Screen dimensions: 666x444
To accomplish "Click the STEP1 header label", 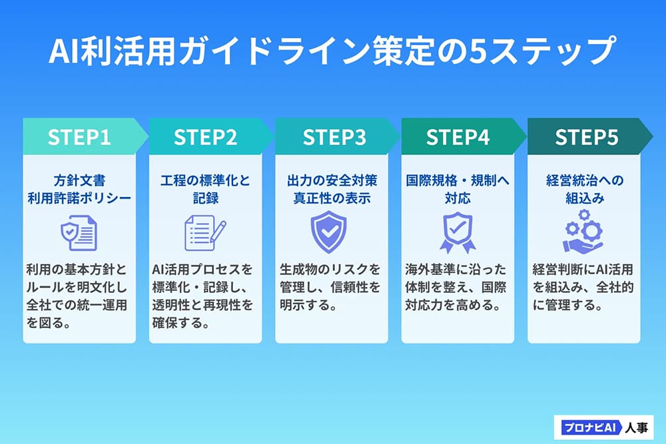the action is pyautogui.click(x=79, y=137).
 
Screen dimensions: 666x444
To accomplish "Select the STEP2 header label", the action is pyautogui.click(x=205, y=137).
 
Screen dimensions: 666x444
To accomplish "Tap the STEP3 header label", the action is pyautogui.click(x=334, y=137).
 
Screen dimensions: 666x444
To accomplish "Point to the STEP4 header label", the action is pyautogui.click(x=458, y=137).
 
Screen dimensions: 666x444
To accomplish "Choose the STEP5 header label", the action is pyautogui.click(x=587, y=137).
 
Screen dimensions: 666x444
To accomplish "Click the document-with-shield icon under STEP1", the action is pyautogui.click(x=79, y=232).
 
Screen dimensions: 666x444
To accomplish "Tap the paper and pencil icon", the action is pyautogui.click(x=205, y=232).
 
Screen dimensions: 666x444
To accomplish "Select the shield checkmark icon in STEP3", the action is pyautogui.click(x=328, y=232).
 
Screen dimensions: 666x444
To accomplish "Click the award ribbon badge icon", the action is pyautogui.click(x=458, y=232).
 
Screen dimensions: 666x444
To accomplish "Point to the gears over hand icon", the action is pyautogui.click(x=583, y=232).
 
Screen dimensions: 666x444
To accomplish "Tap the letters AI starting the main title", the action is pyautogui.click(x=64, y=51).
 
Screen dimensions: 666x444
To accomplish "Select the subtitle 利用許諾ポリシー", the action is pyautogui.click(x=79, y=198).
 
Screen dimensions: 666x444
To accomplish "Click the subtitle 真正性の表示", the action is pyautogui.click(x=332, y=198).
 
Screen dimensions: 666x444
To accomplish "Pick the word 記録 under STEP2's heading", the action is pyautogui.click(x=206, y=198).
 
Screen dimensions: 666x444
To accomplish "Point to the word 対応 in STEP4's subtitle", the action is pyautogui.click(x=458, y=198).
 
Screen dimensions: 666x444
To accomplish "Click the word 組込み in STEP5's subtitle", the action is pyautogui.click(x=585, y=198).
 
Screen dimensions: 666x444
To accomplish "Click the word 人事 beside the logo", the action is pyautogui.click(x=637, y=427).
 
